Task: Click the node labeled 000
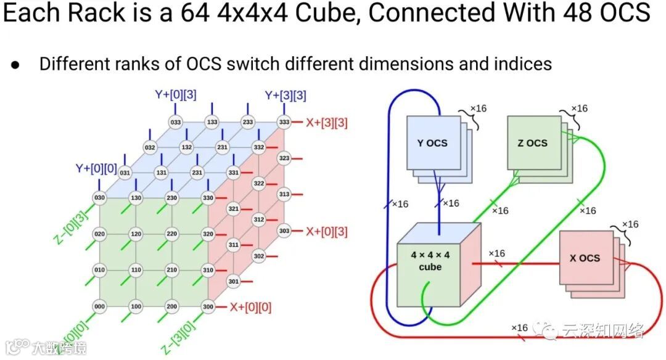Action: click(x=99, y=306)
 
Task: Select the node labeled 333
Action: click(x=284, y=122)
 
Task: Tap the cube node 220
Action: click(x=172, y=234)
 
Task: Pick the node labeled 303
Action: click(x=284, y=231)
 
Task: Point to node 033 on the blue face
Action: click(x=176, y=122)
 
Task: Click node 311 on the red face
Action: click(x=234, y=245)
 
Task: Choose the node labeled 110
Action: click(x=136, y=270)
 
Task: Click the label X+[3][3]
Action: click(x=326, y=122)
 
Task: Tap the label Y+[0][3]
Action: click(x=175, y=95)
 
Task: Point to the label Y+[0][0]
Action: click(x=96, y=168)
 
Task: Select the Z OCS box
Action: click(x=532, y=142)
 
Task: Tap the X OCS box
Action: click(x=585, y=258)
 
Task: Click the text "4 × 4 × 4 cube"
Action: click(x=430, y=261)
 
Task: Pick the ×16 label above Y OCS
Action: click(x=478, y=108)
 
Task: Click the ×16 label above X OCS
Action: click(x=630, y=224)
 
